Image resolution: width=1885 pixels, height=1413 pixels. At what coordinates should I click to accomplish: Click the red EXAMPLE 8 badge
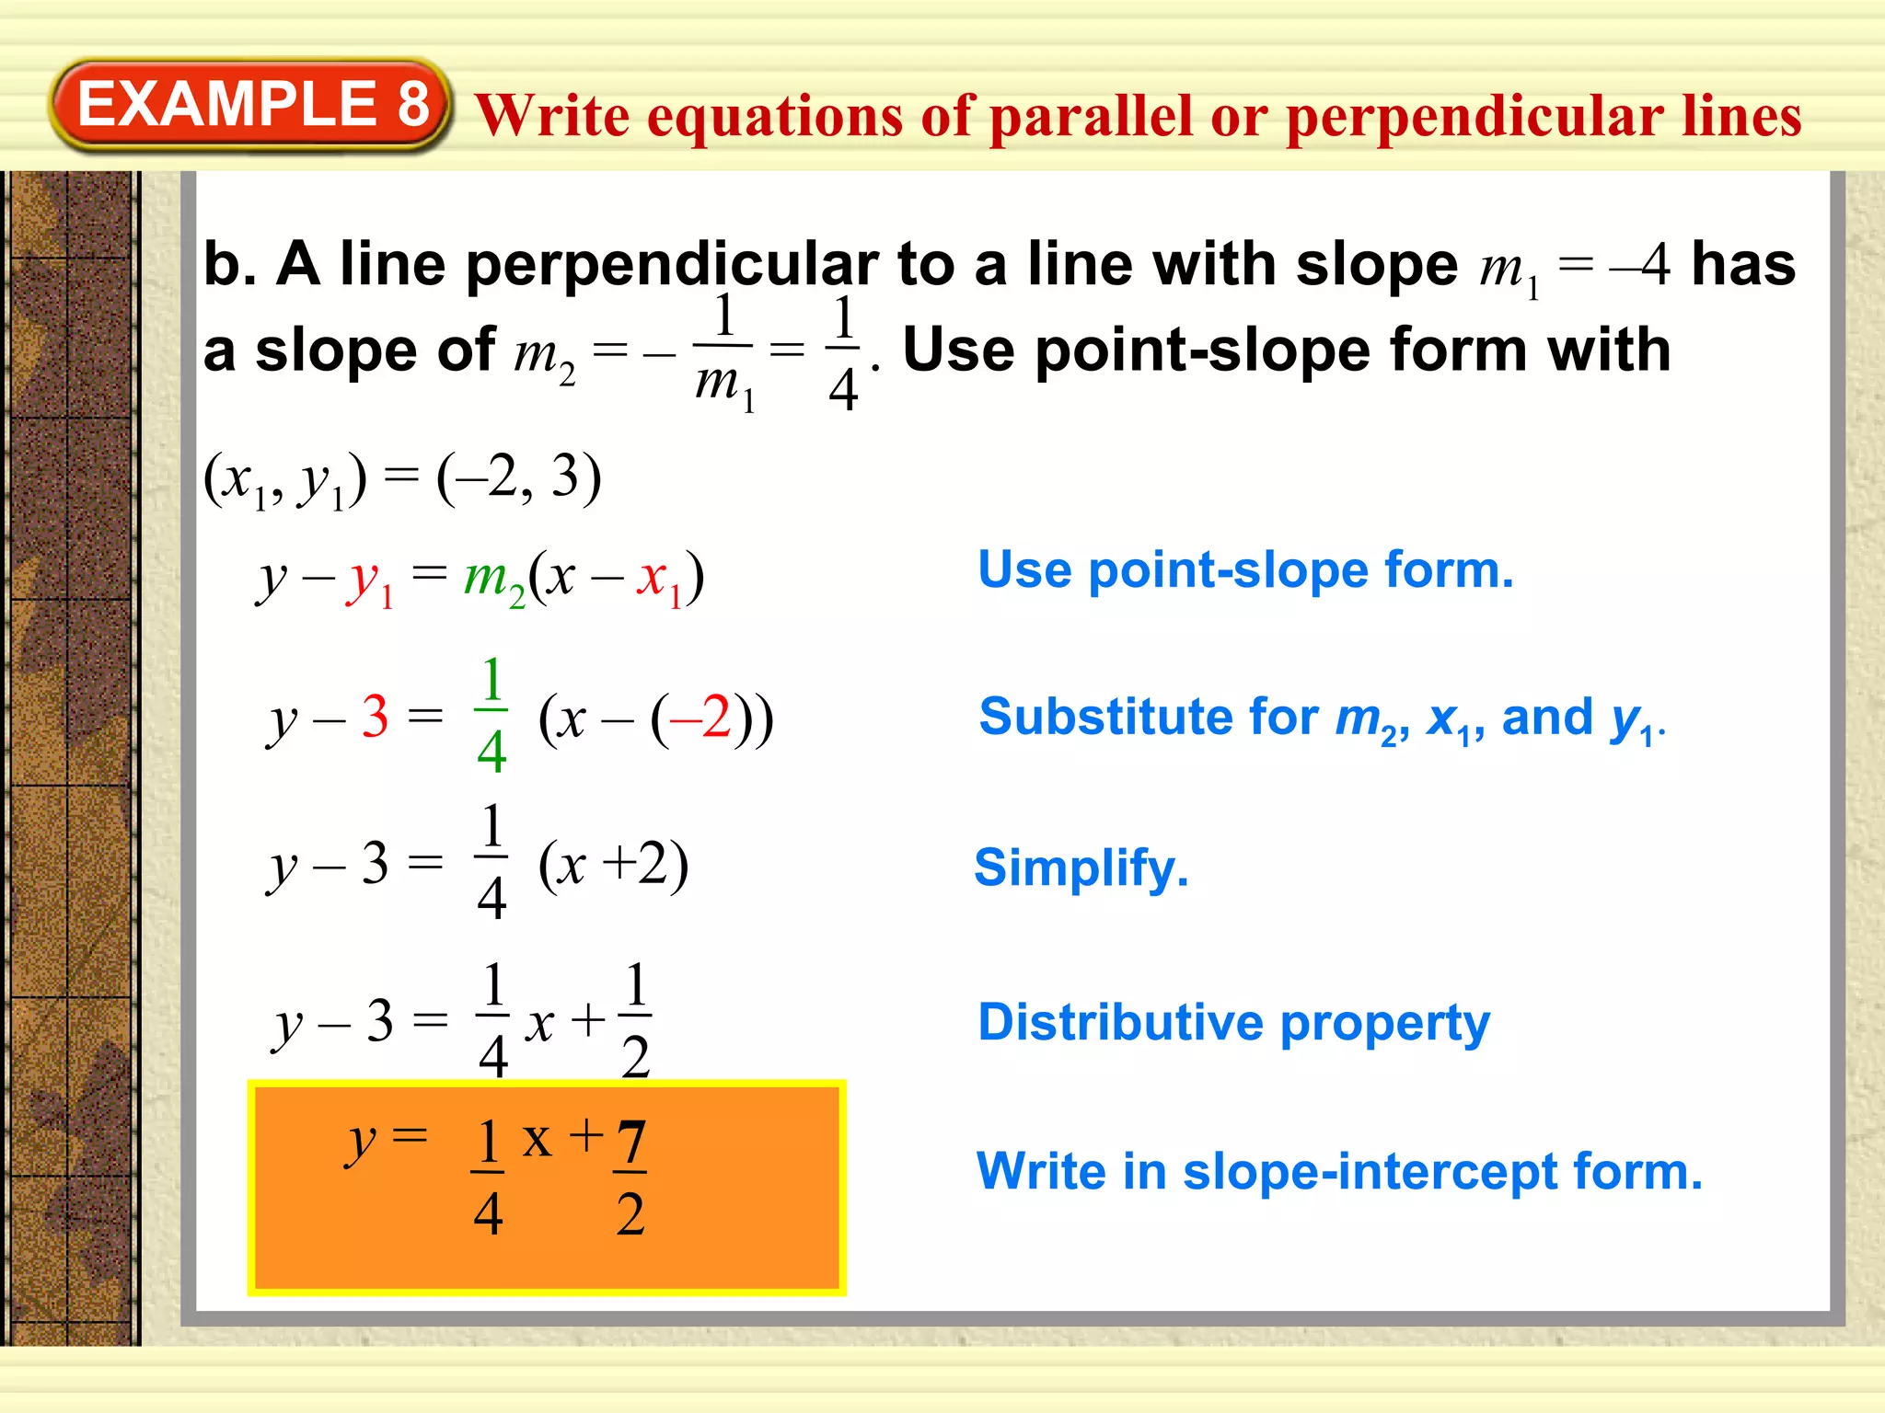[x=250, y=104]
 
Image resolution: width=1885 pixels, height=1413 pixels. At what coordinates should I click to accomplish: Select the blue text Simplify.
[x=1081, y=867]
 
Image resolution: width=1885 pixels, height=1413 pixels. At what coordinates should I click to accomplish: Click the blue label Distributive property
[x=1233, y=1023]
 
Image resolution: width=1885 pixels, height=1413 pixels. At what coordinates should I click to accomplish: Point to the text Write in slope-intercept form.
[x=1339, y=1172]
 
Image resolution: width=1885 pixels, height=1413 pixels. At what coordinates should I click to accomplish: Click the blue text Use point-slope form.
[x=1245, y=570]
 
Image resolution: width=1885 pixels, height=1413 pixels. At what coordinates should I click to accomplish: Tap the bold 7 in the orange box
[x=631, y=1143]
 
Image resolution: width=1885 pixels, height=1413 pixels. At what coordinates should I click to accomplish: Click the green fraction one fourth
[x=491, y=715]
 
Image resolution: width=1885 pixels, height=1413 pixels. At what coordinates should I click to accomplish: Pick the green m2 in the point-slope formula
[x=494, y=580]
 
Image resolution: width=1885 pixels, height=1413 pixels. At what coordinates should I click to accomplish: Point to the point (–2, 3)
[x=518, y=478]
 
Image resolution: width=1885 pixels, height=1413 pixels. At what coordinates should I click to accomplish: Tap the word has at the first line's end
[x=1743, y=265]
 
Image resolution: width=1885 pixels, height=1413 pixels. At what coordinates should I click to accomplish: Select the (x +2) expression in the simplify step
[x=613, y=865]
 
